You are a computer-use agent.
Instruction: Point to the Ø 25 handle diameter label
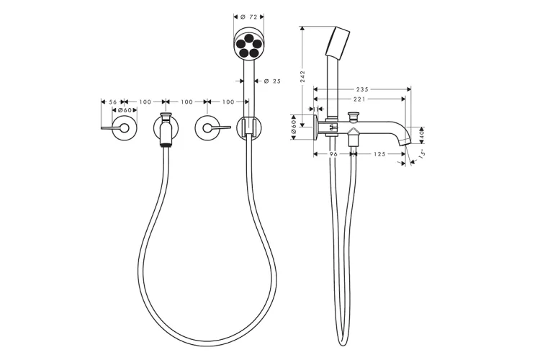(x=271, y=81)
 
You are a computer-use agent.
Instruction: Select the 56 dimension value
(x=112, y=102)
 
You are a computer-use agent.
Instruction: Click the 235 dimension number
(x=362, y=90)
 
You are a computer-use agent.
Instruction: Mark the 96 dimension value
(x=333, y=153)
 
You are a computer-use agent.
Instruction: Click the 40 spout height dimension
(x=423, y=132)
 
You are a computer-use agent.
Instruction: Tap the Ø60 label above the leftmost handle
(x=125, y=110)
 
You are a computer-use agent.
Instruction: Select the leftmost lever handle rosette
(x=123, y=129)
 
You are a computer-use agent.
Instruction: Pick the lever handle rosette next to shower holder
(x=208, y=129)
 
